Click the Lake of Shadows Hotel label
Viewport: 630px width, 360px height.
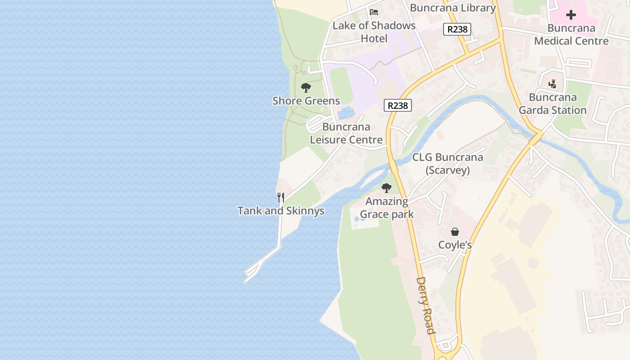pyautogui.click(x=374, y=32)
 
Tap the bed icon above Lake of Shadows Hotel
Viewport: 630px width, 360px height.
pyautogui.click(x=374, y=12)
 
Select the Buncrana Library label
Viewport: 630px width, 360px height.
pyautogui.click(x=453, y=8)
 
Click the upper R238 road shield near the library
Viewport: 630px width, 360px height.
pyautogui.click(x=457, y=29)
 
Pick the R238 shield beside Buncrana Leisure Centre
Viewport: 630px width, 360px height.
pyautogui.click(x=398, y=105)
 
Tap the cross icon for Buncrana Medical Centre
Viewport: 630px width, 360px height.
pyautogui.click(x=571, y=15)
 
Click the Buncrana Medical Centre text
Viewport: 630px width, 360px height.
pyautogui.click(x=571, y=34)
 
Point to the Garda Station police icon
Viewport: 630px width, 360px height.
pyautogui.click(x=553, y=84)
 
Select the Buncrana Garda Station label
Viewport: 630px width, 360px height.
pyautogui.click(x=553, y=103)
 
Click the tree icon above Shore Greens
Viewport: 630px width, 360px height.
pyautogui.click(x=306, y=87)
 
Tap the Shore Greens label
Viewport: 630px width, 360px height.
pyautogui.click(x=306, y=101)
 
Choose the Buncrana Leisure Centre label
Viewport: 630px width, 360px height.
pyautogui.click(x=346, y=134)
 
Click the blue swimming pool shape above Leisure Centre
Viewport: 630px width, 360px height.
pyautogui.click(x=346, y=112)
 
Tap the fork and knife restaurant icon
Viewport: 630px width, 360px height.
pyautogui.click(x=281, y=197)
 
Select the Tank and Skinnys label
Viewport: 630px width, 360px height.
pyautogui.click(x=281, y=211)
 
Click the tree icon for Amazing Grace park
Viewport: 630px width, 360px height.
pyautogui.click(x=387, y=188)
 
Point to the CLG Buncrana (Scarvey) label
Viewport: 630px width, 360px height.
pyautogui.click(x=447, y=164)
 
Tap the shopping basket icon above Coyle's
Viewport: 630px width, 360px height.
pyautogui.click(x=455, y=232)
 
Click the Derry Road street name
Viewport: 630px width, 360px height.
pyautogui.click(x=425, y=305)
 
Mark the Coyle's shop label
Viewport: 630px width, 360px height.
pyautogui.click(x=455, y=245)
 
